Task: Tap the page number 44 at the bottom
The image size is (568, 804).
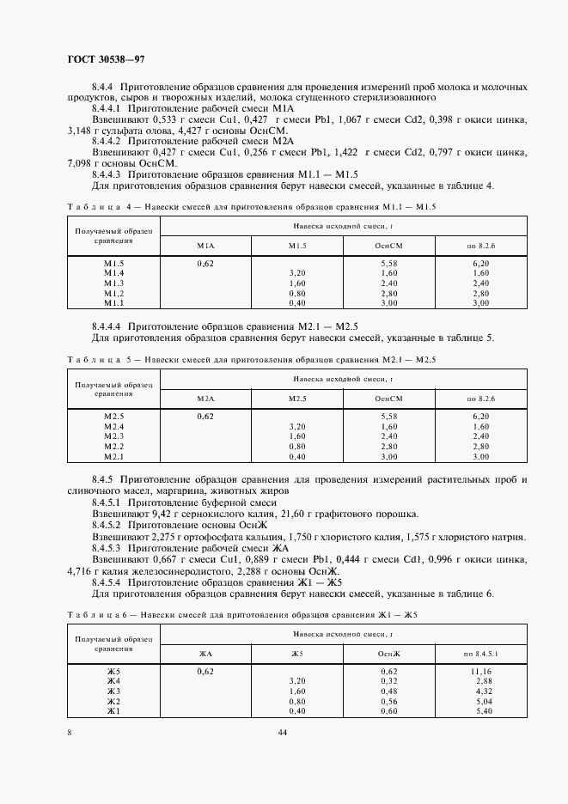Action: click(283, 732)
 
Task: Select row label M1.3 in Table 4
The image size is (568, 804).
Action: click(114, 283)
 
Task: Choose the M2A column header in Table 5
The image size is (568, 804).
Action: click(205, 399)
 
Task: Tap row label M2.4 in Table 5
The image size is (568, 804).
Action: click(114, 426)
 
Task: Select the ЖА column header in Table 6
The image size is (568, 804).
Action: click(205, 654)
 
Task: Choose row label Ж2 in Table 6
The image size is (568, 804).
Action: click(114, 701)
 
